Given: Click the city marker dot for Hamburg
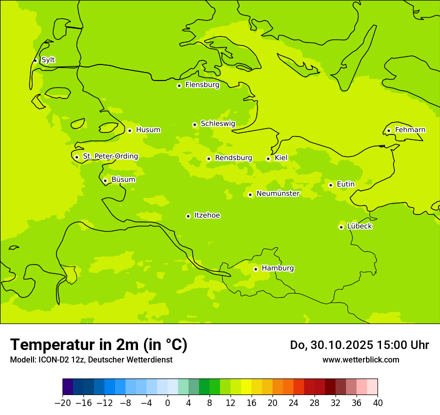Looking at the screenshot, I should [x=255, y=269].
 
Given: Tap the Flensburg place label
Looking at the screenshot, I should [x=202, y=85].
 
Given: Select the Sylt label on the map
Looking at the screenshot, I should [x=48, y=60].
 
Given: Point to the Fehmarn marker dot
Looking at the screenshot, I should [x=388, y=130].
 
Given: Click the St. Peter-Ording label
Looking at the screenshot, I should [x=110, y=156].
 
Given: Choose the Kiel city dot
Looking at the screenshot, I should [x=268, y=158].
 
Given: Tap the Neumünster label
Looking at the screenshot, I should [x=277, y=193].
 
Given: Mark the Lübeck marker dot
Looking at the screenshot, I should [x=341, y=227].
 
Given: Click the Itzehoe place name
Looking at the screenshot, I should [x=207, y=215].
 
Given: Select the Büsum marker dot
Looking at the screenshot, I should [x=105, y=180].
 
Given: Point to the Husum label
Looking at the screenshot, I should [x=148, y=130].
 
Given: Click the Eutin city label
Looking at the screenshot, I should [x=345, y=184].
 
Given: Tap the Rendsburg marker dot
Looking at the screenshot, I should [x=208, y=158].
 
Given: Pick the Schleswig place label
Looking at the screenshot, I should [x=217, y=123].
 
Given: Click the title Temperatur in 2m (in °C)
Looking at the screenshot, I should [x=98, y=344].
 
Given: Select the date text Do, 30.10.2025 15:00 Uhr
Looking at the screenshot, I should [x=359, y=345].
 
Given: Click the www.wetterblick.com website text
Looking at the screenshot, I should [x=360, y=359].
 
